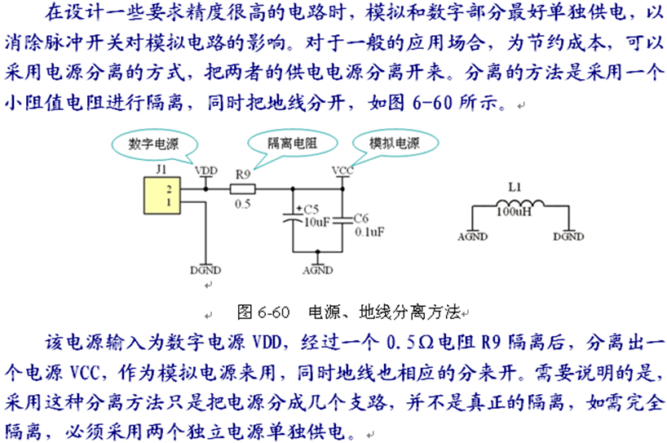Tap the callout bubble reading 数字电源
[x=153, y=144]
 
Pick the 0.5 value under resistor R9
[x=242, y=204]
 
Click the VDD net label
[x=207, y=170]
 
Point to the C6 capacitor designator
[x=362, y=219]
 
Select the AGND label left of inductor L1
[x=473, y=237]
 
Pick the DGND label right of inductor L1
[x=568, y=237]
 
